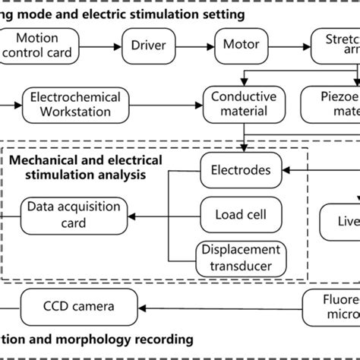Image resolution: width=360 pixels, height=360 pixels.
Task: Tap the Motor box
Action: click(x=239, y=45)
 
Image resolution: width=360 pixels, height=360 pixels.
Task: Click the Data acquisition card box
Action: click(x=64, y=214)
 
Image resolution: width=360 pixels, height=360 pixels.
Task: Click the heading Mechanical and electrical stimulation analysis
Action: click(x=85, y=167)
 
